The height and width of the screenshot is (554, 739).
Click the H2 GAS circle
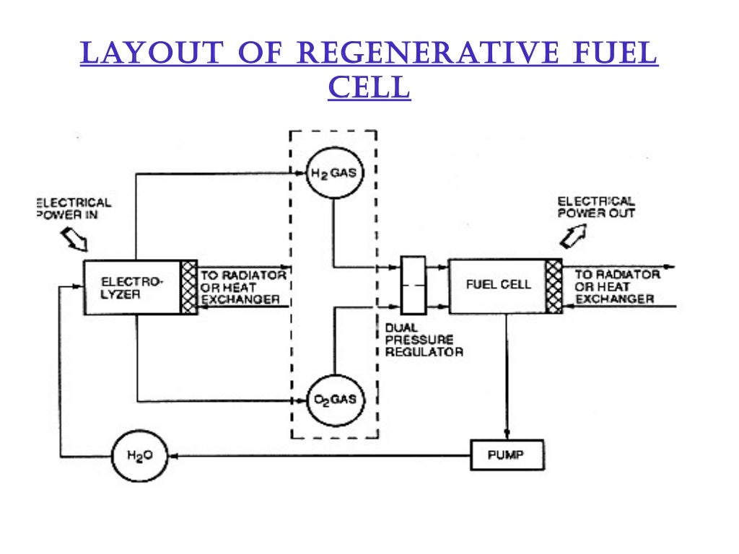coord(333,174)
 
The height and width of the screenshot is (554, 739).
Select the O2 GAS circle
coord(333,400)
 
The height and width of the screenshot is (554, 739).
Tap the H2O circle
coord(136,456)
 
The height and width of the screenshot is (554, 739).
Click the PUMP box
coord(507,455)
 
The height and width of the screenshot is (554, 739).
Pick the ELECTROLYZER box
coord(131,287)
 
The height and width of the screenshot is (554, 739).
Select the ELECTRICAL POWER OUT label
coord(596,207)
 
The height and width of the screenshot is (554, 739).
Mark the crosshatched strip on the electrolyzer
coord(188,287)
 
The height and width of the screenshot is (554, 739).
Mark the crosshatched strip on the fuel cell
coord(554,286)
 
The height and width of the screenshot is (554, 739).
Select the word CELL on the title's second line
coord(369,87)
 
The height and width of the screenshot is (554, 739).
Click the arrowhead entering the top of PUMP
coord(507,435)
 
